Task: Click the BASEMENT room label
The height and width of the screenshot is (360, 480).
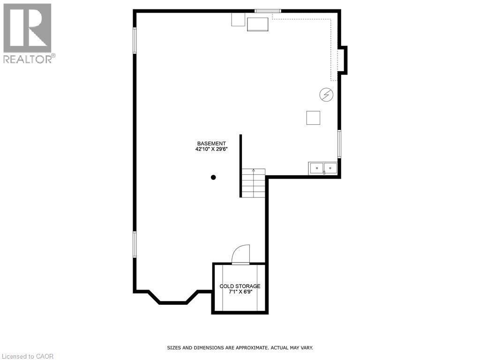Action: [211, 143]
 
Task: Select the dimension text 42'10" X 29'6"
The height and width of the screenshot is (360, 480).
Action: [211, 150]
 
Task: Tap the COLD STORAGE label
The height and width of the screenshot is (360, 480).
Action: [240, 286]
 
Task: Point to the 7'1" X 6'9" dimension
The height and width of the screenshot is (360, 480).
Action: [240, 292]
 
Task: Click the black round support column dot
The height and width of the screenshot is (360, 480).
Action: [213, 177]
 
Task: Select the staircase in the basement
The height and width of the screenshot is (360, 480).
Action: [253, 183]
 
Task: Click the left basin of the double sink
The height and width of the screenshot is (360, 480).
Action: [316, 167]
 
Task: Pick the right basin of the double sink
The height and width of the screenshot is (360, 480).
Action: [330, 167]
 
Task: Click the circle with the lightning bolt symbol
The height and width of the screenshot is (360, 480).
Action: [326, 95]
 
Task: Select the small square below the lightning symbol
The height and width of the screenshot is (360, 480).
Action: [313, 118]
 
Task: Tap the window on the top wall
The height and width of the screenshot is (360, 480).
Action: [268, 11]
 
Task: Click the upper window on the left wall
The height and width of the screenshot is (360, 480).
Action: [135, 40]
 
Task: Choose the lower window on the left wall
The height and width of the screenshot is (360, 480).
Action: [135, 244]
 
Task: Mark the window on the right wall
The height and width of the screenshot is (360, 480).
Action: [339, 144]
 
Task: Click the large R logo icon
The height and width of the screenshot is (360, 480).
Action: [27, 28]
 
